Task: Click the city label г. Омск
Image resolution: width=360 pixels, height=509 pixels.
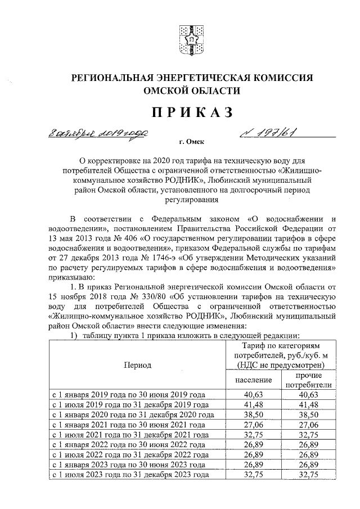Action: click(x=191, y=143)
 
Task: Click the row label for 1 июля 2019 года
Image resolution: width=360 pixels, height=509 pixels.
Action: click(x=130, y=404)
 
